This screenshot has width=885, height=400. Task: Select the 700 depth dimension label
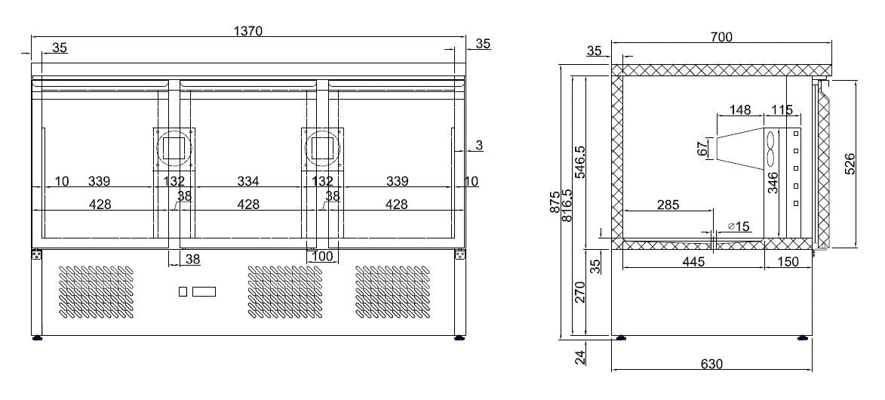tap(721, 36)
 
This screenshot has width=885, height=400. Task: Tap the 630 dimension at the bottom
tap(711, 364)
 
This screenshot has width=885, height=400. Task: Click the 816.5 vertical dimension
tap(567, 204)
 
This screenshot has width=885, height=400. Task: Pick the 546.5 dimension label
tap(579, 162)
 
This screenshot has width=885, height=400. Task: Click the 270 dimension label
tap(579, 291)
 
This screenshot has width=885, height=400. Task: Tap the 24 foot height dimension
tap(579, 357)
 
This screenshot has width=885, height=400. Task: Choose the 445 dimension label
tap(693, 262)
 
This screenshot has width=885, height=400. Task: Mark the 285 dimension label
tap(668, 205)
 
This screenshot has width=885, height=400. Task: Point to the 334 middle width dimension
tap(248, 181)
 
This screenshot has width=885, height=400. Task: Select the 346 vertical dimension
tap(773, 182)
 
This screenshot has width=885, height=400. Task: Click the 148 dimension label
tap(740, 110)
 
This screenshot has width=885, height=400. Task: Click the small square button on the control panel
tap(183, 291)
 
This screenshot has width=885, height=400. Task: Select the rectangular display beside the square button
tap(204, 291)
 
